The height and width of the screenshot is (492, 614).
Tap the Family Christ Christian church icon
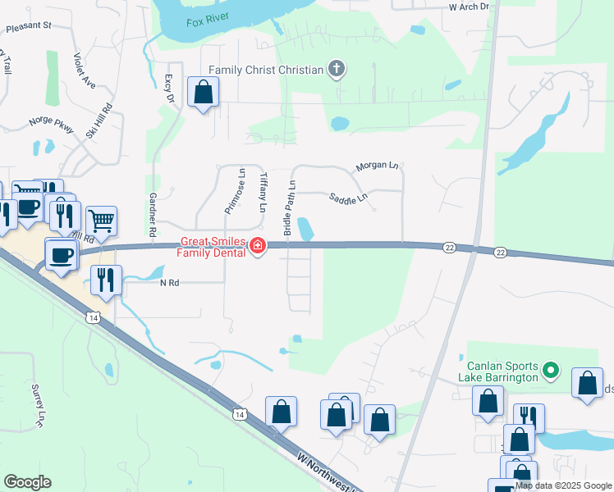pyautogui.click(x=336, y=69)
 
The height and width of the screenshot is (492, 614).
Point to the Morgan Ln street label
pyautogui.click(x=376, y=166)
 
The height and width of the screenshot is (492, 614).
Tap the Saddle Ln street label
pyautogui.click(x=348, y=198)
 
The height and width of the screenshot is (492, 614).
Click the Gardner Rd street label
pyautogui.click(x=153, y=215)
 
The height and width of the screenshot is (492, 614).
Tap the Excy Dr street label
pyautogui.click(x=170, y=89)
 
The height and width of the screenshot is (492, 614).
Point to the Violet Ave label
pyautogui.click(x=84, y=71)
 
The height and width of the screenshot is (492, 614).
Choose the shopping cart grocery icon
pyautogui.click(x=101, y=219)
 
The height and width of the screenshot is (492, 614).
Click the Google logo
pyautogui.click(x=27, y=482)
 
